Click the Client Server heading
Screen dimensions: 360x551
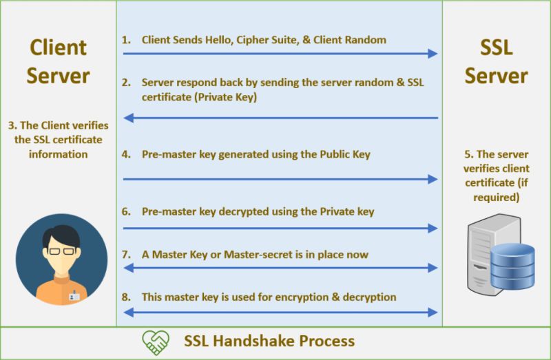coord(58,61)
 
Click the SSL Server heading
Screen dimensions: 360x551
coord(496,61)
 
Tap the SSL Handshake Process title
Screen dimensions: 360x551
coord(269,341)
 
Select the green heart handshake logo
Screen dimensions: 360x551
coord(155,341)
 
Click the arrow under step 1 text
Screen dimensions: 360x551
coord(280,54)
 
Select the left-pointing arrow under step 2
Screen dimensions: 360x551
coord(280,118)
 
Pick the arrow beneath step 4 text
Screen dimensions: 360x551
coord(280,179)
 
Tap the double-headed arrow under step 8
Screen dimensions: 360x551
coord(280,312)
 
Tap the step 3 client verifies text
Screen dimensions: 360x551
coord(58,140)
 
